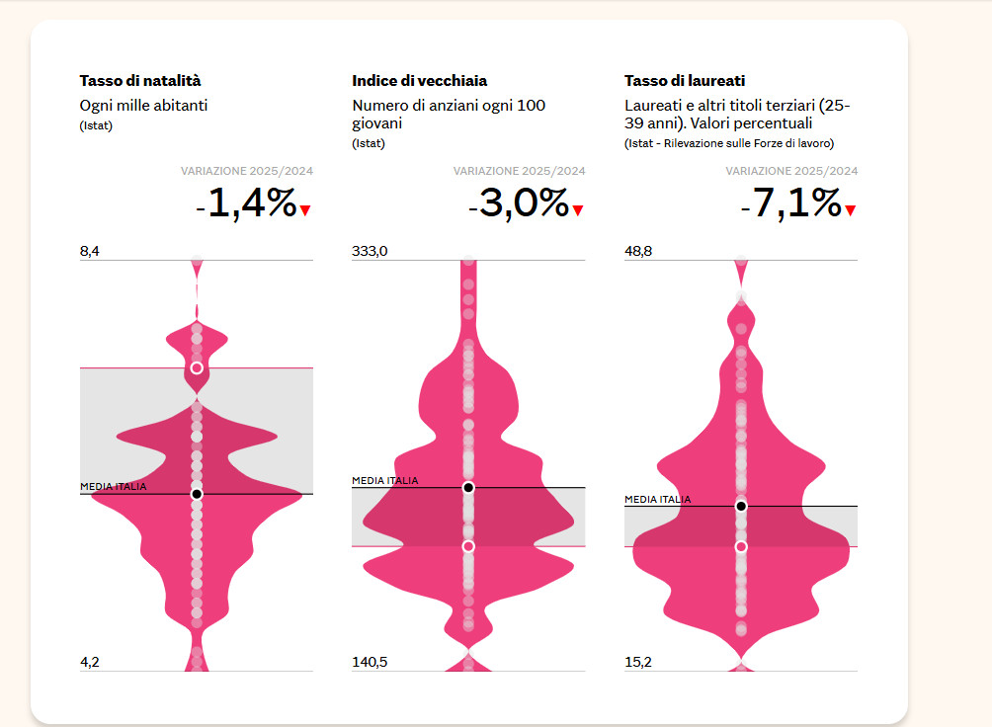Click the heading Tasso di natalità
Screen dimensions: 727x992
[x=140, y=81]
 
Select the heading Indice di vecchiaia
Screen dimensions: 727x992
[x=419, y=81]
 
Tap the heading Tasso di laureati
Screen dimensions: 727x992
[x=685, y=81]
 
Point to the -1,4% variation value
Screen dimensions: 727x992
[x=246, y=203]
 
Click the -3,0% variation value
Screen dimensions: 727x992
[x=519, y=203]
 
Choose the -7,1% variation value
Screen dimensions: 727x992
[x=791, y=203]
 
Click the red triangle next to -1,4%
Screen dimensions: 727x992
[x=305, y=210]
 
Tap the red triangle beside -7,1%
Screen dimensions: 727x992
[x=850, y=210]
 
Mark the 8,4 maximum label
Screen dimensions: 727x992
[x=90, y=252]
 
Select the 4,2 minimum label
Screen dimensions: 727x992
[x=90, y=662]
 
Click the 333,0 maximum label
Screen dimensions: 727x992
[x=371, y=252]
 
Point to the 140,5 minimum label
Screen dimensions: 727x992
[x=371, y=662]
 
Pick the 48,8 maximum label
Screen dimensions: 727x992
[x=638, y=252]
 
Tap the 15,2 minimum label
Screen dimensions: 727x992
[x=638, y=662]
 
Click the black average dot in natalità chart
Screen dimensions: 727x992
[x=197, y=493]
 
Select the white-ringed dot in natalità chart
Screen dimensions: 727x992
[x=197, y=367]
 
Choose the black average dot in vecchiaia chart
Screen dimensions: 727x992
[x=468, y=487]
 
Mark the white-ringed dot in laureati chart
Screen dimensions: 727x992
[x=741, y=546]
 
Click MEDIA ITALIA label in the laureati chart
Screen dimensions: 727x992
[x=658, y=500]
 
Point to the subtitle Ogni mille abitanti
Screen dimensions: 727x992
[x=143, y=105]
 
